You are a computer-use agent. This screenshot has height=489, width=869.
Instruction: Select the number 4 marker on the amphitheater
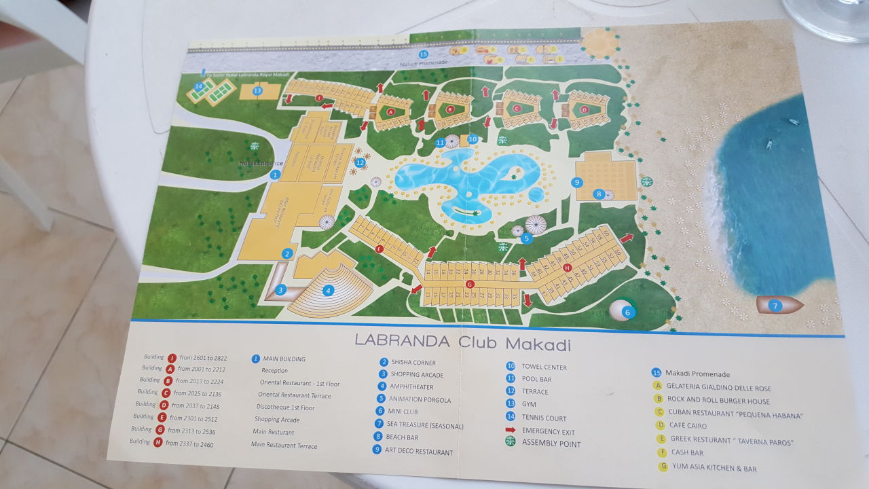pos(329,290)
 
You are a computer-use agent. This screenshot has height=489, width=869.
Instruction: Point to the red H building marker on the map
pos(567,267)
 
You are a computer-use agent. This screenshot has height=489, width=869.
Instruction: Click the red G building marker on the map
pos(470,284)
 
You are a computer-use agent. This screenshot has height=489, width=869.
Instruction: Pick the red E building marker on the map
pos(380,249)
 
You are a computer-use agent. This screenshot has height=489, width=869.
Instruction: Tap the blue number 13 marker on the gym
pos(257,90)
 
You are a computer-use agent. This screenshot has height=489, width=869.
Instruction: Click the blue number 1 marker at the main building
pos(275,175)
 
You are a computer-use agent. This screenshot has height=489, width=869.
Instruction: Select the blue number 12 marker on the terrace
pos(360,162)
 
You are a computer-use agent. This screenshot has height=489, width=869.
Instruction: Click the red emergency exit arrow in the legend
pos(511,430)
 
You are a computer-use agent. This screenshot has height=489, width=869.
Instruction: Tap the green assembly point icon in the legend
pos(511,442)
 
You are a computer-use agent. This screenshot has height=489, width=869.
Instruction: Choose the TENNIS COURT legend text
pos(544,418)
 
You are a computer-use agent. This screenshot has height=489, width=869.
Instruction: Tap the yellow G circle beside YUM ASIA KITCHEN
pos(664,466)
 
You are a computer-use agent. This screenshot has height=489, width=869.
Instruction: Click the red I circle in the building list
pos(172,357)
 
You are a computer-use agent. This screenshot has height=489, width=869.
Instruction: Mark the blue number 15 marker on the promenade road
pos(424,54)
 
